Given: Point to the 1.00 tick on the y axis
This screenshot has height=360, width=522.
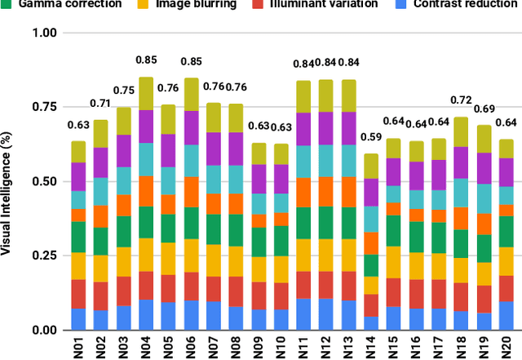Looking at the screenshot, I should (46, 33).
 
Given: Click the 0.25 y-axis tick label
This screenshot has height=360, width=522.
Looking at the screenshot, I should (46, 256).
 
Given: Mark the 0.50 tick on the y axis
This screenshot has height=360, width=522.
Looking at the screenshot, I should (46, 181).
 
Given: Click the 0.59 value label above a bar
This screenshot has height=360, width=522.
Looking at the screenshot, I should (371, 137).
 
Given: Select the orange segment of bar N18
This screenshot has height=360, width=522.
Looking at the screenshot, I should (462, 218).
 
